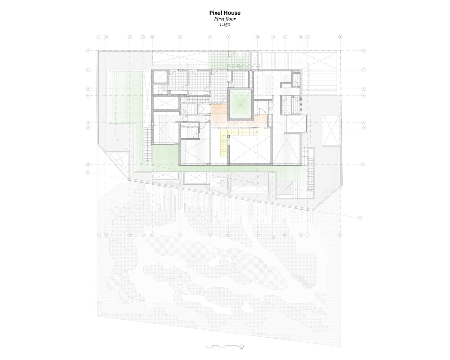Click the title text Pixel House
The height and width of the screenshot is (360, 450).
(x=225, y=13)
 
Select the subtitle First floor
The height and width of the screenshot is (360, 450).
(x=225, y=19)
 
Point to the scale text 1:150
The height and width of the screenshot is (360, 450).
(x=225, y=25)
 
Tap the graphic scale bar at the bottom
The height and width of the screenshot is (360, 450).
(x=221, y=346)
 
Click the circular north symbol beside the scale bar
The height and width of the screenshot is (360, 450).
(x=242, y=347)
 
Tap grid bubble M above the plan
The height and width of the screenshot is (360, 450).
(x=340, y=37)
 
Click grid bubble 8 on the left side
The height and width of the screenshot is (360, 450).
(x=88, y=51)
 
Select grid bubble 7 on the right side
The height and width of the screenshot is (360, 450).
(x=364, y=70)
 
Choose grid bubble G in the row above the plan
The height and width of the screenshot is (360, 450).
(x=228, y=37)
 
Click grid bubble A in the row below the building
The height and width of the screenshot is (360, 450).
(x=105, y=234)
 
